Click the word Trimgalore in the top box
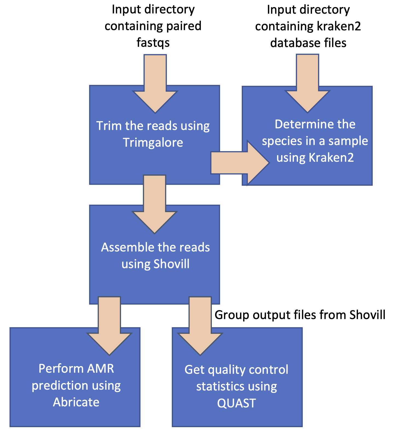coord(153,143)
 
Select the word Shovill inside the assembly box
coord(171,264)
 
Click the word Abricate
coord(76,402)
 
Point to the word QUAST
coord(236,403)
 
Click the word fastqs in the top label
coord(153,43)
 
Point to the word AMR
coord(100,369)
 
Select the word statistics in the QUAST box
coord(216,386)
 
